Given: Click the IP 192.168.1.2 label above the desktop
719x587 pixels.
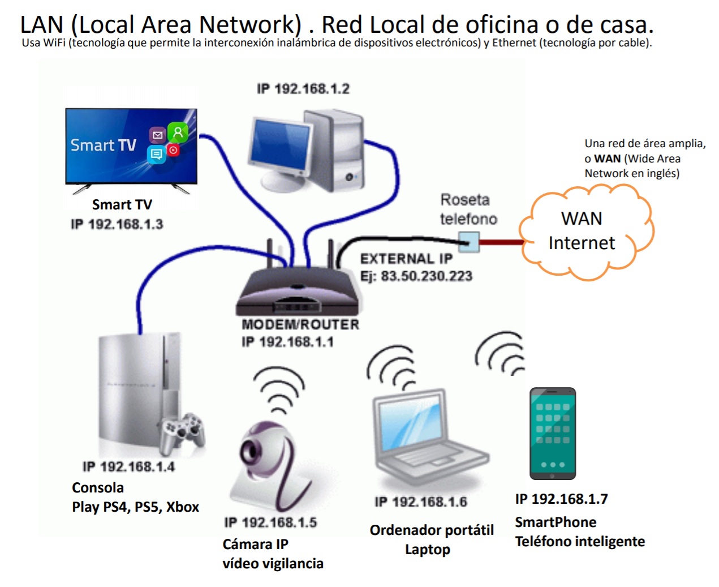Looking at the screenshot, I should [303, 89].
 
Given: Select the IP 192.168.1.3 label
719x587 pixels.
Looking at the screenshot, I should [117, 224].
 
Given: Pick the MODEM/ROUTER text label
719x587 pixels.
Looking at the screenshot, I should [300, 324].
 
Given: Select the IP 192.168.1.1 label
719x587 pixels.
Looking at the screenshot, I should [287, 342].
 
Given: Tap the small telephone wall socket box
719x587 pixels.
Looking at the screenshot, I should [469, 243].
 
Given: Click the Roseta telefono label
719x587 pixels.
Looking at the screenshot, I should [468, 209].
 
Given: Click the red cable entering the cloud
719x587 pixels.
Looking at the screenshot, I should [500, 243].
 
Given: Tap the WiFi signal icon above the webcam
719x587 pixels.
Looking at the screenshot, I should [278, 388].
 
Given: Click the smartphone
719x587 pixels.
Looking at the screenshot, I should [552, 433].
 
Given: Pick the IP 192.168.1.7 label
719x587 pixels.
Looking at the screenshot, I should [561, 499].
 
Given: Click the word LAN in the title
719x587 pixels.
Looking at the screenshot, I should [41, 25].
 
